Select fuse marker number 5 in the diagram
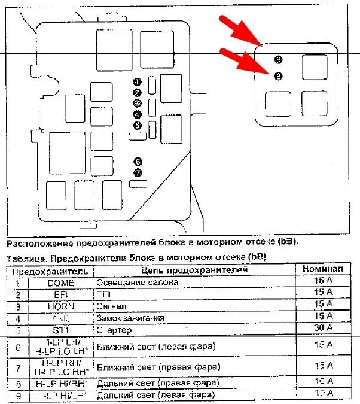pos(137,126)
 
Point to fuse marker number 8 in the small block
pos(279,60)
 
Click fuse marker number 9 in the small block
pos(278,76)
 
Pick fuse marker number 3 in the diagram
pos(137,104)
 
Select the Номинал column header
pos(323,270)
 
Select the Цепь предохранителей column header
pos(194,271)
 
